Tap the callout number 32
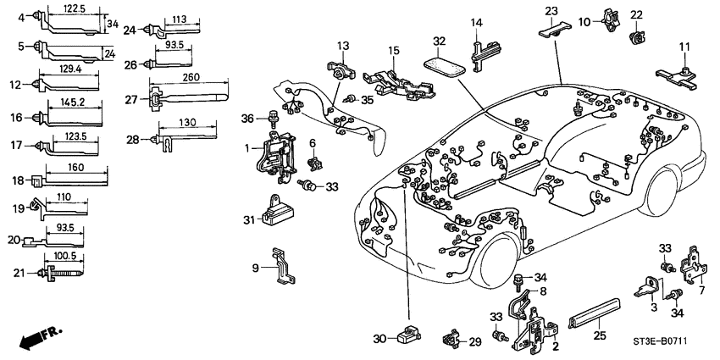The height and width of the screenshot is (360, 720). click(439, 40)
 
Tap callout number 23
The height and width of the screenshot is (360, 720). click(551, 11)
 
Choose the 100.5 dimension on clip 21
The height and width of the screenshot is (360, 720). click(65, 255)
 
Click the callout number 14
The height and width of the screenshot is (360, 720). click(477, 22)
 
